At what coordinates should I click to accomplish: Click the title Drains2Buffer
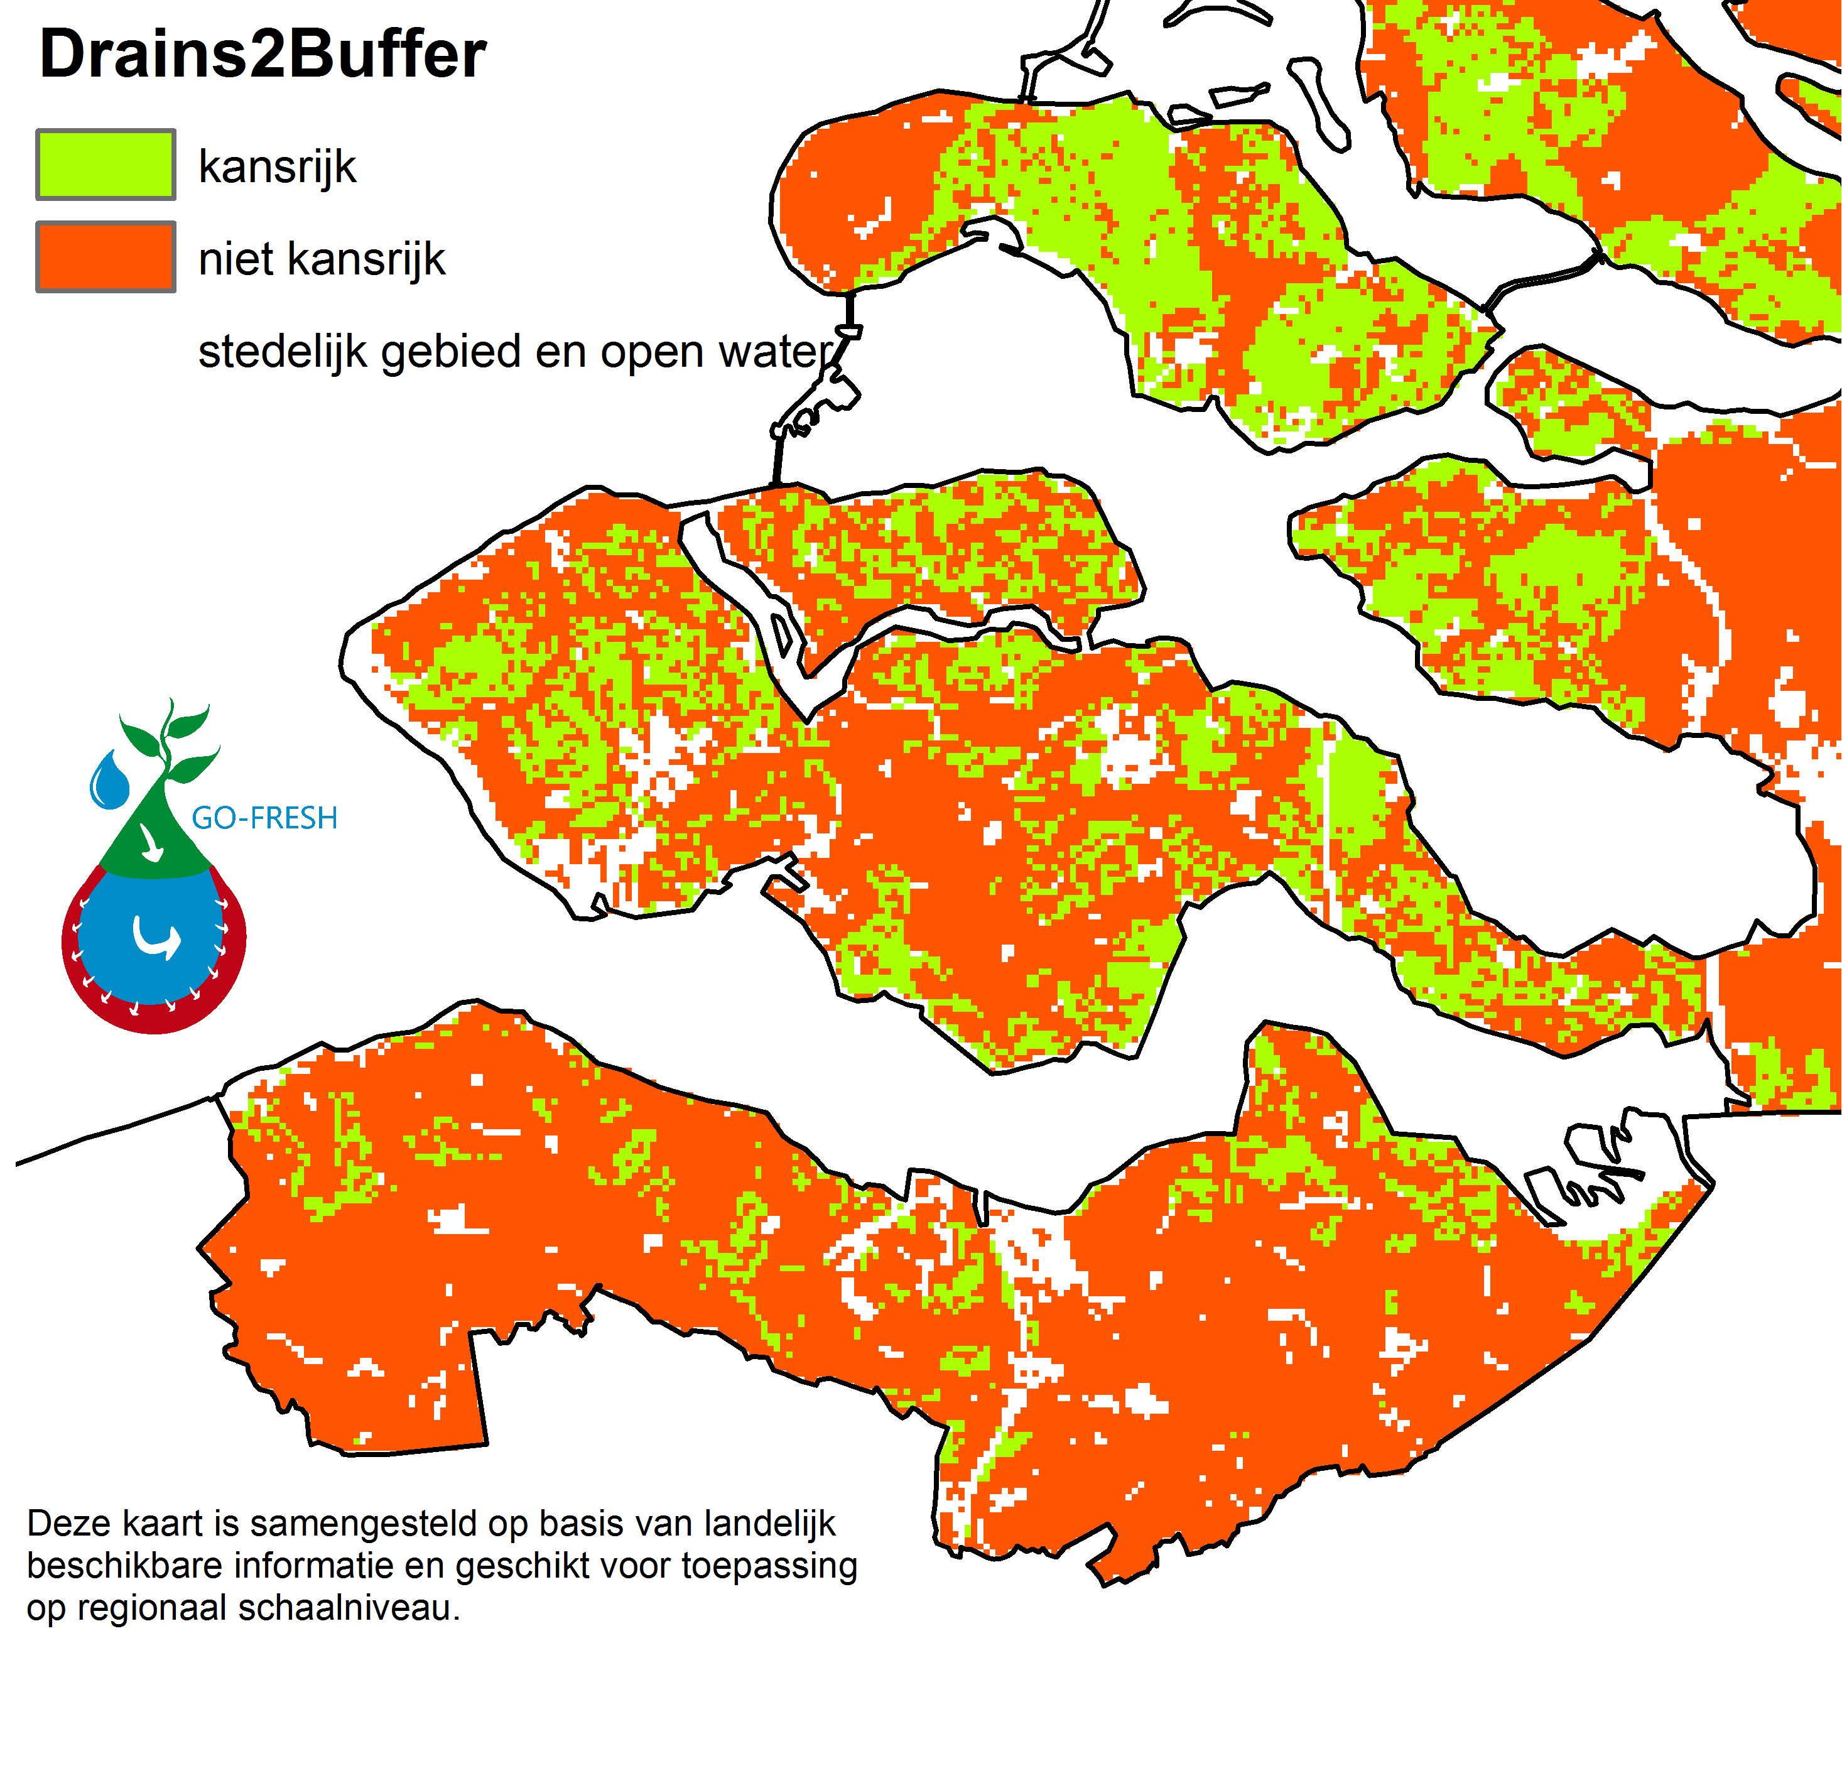coord(263,55)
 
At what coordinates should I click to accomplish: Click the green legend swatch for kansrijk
coord(106,165)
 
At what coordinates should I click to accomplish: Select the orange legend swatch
coord(106,257)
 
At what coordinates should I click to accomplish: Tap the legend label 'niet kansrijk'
coord(322,259)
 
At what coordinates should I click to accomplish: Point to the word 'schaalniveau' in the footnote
coord(349,1608)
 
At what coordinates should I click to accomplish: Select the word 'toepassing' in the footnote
coord(769,1566)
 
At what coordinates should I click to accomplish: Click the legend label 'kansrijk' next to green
coord(277,167)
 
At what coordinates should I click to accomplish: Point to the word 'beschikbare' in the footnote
coord(125,1566)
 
